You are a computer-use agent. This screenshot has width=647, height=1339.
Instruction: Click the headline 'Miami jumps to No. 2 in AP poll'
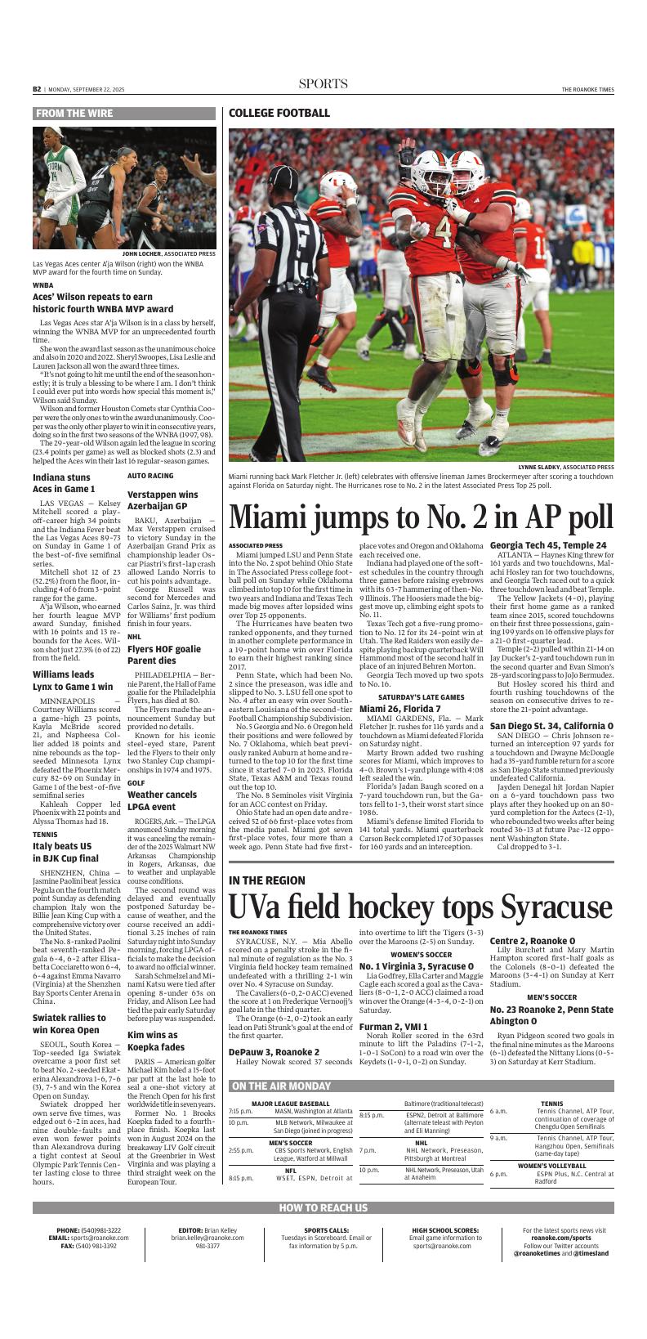pyautogui.click(x=421, y=517)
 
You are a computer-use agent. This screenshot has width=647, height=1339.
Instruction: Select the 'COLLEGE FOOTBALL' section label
pyautogui.click(x=279, y=114)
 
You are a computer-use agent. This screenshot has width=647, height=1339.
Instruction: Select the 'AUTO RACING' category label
pyautogui.click(x=150, y=475)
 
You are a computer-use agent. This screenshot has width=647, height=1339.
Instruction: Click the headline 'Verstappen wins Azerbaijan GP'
pyautogui.click(x=163, y=500)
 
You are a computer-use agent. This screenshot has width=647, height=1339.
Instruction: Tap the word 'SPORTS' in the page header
pyautogui.click(x=323, y=84)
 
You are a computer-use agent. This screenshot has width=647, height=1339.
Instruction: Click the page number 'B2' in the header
pyautogui.click(x=38, y=88)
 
